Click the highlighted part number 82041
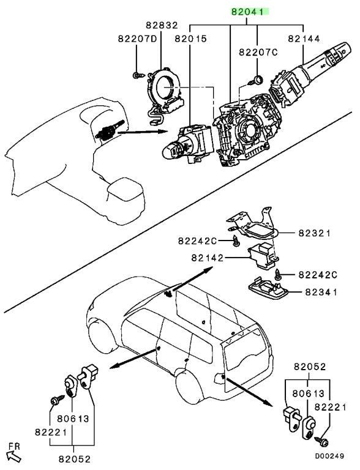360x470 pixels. [247, 12]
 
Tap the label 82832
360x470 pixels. [162, 25]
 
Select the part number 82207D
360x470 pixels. [137, 39]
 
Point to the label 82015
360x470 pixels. [191, 39]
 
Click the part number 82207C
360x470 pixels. [258, 53]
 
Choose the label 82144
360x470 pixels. [304, 39]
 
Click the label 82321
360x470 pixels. [314, 233]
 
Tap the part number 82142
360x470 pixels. [208, 258]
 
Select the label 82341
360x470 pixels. [321, 292]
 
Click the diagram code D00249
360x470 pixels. [329, 456]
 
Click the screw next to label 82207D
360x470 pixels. [138, 75]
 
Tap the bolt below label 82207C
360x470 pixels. [255, 81]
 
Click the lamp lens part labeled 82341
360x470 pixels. [268, 288]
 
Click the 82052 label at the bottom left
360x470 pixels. [74, 459]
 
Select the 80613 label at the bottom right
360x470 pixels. [308, 394]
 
